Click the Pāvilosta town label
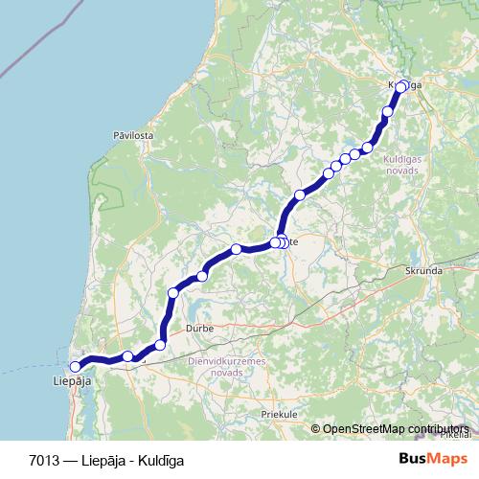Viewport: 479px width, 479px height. pos(133,137)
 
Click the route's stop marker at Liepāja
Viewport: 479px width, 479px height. pos(76,366)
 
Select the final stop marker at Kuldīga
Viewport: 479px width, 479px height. pos(402,85)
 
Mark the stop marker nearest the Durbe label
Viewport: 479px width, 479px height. pos(160,345)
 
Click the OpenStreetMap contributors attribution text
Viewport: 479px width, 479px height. pos(398,429)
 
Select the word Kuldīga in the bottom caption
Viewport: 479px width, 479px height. pos(159,460)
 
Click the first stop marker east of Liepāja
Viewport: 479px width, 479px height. pos(127,357)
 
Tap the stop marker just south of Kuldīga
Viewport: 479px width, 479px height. pos(388,112)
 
